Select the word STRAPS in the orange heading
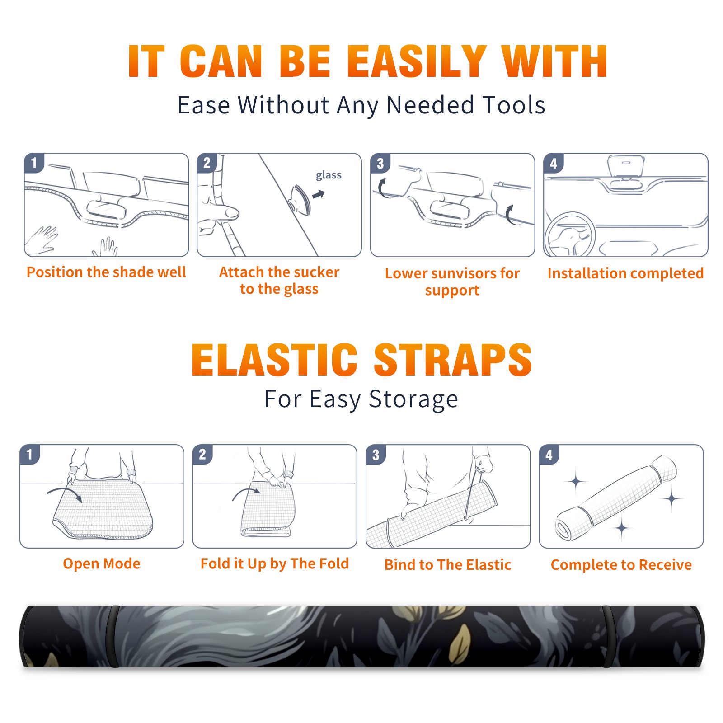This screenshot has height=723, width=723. (x=453, y=360)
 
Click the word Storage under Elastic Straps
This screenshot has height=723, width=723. (x=413, y=400)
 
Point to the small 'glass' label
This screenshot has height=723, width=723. (x=329, y=175)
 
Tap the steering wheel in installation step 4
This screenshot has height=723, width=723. (x=570, y=235)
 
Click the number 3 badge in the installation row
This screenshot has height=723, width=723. (x=380, y=163)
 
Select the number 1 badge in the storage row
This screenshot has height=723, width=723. (x=30, y=455)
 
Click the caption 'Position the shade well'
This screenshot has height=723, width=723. (x=106, y=272)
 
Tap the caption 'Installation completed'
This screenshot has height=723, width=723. (x=625, y=273)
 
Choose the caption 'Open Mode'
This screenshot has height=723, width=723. (x=102, y=563)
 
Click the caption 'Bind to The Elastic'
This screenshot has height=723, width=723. (x=448, y=565)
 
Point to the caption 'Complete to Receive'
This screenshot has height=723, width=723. (x=621, y=565)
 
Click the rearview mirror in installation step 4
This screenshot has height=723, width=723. (x=626, y=166)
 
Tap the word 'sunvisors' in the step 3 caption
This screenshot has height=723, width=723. (x=463, y=273)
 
